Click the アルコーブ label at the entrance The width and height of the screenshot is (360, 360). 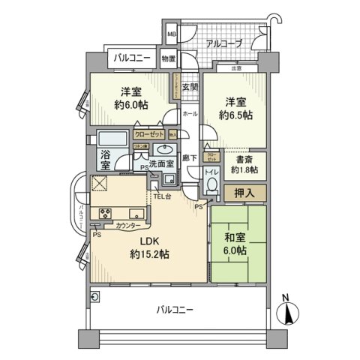tap(220, 44)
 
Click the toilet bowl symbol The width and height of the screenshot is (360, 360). tap(212, 185)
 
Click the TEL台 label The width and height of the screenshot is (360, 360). tap(163, 196)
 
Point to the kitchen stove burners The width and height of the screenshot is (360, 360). tap(100, 212)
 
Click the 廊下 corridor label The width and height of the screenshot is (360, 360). tap(190, 159)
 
